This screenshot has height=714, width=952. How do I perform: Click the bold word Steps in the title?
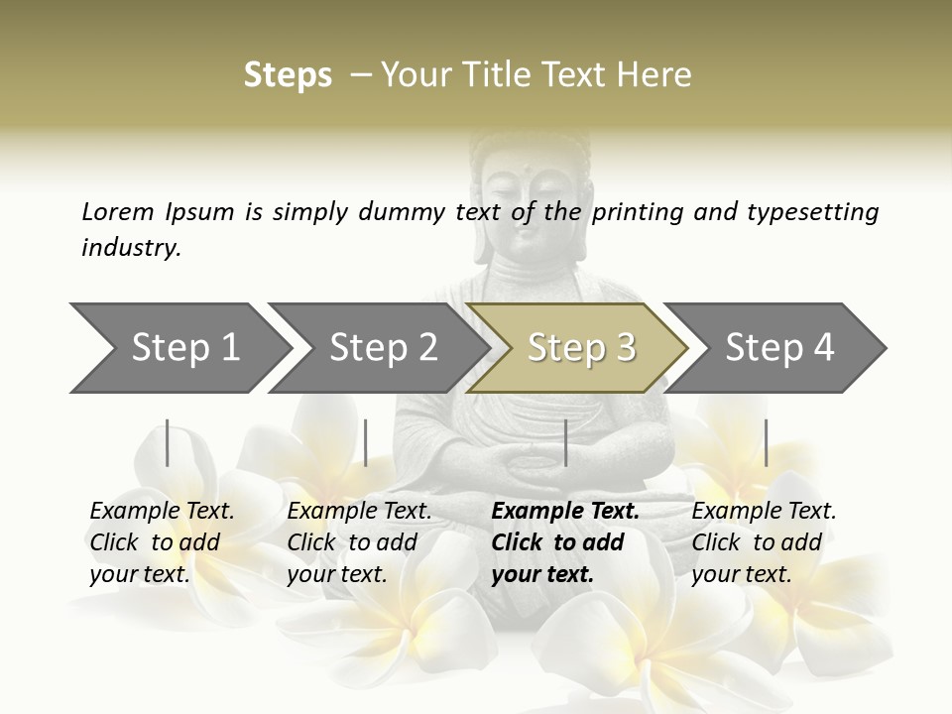(x=288, y=75)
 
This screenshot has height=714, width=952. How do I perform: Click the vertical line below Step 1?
(x=168, y=442)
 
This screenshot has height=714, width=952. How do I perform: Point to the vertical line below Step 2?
(x=366, y=442)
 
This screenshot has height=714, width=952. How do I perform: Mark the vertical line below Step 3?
(x=565, y=442)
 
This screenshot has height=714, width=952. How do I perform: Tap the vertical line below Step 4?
(x=766, y=442)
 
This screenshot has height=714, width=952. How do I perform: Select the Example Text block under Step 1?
(x=162, y=542)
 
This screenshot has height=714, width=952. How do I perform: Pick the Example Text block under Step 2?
(x=359, y=542)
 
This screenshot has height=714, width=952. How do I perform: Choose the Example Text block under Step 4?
(x=764, y=542)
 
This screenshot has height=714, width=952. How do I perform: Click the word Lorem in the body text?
(x=118, y=211)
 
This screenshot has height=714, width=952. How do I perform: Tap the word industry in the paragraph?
(x=131, y=247)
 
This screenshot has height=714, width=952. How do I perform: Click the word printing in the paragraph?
(x=638, y=211)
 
